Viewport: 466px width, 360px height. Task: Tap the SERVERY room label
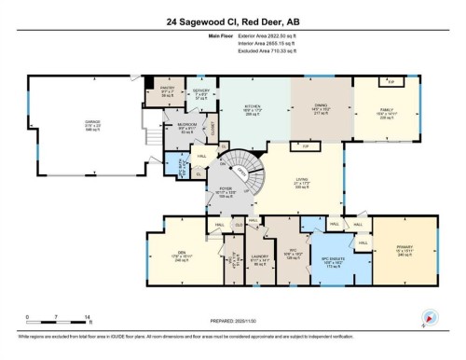pyautogui.click(x=189, y=90)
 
